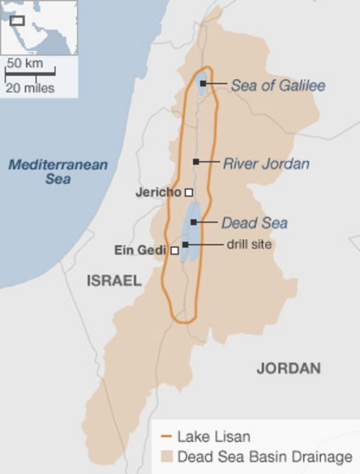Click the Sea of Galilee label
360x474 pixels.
pyautogui.click(x=278, y=85)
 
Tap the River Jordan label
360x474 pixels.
pyautogui.click(x=266, y=163)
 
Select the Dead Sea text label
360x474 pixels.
pyautogui.click(x=254, y=223)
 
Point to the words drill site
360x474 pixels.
pyautogui.click(x=249, y=244)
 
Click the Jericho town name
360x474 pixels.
pyautogui.click(x=158, y=192)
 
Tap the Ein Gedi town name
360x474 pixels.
pyautogui.click(x=140, y=250)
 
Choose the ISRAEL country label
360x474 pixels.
pyautogui.click(x=114, y=281)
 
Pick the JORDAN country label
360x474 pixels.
pyautogui.click(x=288, y=368)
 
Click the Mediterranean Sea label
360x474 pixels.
pyautogui.click(x=58, y=171)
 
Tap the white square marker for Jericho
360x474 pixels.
pyautogui.click(x=188, y=192)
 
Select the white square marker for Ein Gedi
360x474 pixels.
pyautogui.click(x=175, y=251)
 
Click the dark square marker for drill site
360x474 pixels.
pyautogui.click(x=185, y=245)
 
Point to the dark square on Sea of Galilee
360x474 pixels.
pyautogui.click(x=203, y=84)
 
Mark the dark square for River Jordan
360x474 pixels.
pyautogui.click(x=196, y=162)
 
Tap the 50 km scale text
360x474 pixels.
pyautogui.click(x=25, y=63)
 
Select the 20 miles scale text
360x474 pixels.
pyautogui.click(x=31, y=88)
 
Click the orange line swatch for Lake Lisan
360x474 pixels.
pyautogui.click(x=167, y=436)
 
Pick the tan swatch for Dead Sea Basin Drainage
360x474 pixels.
pyautogui.click(x=167, y=457)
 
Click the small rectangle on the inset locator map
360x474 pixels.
pyautogui.click(x=17, y=21)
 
